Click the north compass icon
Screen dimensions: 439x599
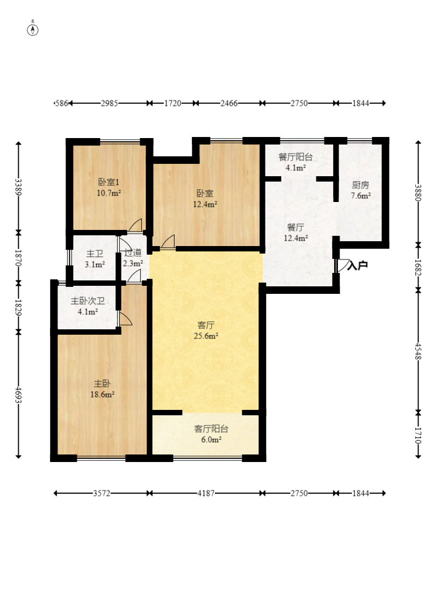tap(33, 29)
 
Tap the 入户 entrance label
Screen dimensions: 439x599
tap(358, 265)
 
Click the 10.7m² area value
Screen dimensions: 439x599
tap(109, 193)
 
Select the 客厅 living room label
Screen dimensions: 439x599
tap(206, 325)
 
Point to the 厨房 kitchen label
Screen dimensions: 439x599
tap(361, 185)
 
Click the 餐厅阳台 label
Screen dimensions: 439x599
tap(296, 157)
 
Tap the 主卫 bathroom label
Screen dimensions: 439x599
tap(95, 253)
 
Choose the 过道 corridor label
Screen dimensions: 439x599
tap(133, 252)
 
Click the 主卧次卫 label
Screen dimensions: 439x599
tap(88, 301)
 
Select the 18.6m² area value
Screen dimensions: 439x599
tap(103, 394)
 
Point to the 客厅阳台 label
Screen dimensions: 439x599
tap(211, 429)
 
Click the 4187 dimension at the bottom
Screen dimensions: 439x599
tap(206, 493)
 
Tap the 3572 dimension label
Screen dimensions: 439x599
tap(102, 493)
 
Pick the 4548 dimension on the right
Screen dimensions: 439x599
tap(419, 351)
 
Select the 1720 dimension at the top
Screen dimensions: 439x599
tap(172, 103)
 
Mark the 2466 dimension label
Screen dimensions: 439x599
tap(229, 103)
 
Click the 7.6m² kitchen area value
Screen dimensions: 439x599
tap(361, 196)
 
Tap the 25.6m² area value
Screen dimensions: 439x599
tap(206, 336)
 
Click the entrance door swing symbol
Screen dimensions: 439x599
tap(342, 265)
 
